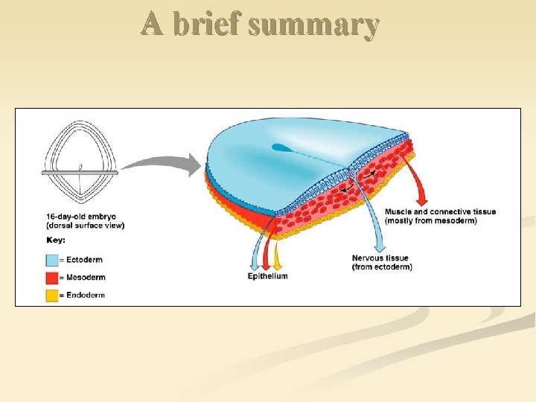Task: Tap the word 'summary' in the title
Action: (x=314, y=25)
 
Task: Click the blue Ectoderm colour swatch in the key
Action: (x=52, y=260)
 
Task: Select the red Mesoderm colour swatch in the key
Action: (x=52, y=278)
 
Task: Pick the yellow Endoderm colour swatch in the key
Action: (x=52, y=295)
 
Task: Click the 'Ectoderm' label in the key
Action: (x=84, y=260)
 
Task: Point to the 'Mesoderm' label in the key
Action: (x=85, y=278)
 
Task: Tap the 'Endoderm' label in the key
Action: (x=85, y=295)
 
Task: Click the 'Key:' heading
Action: (x=55, y=240)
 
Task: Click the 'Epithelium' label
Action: (x=267, y=276)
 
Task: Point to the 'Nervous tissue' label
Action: (x=382, y=258)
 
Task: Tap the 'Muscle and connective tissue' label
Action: (x=440, y=212)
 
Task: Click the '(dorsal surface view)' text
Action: (x=85, y=226)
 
